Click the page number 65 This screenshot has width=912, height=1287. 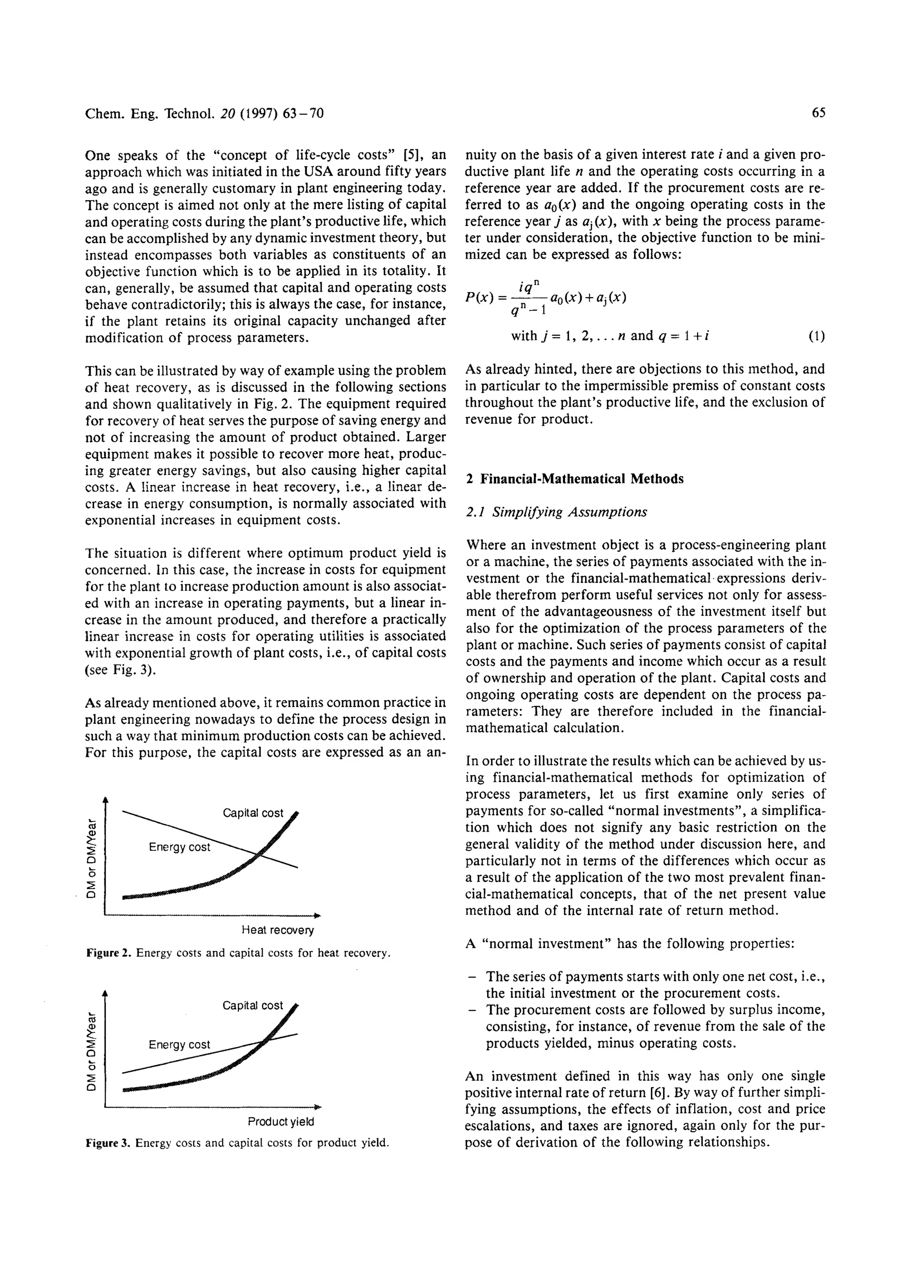(x=818, y=114)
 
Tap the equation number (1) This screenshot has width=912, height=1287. (x=817, y=337)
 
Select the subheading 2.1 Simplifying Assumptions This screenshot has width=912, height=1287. (x=556, y=512)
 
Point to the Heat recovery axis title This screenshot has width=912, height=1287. (x=277, y=930)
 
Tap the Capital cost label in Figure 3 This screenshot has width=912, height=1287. (x=252, y=1005)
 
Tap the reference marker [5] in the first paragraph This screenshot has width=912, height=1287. (x=413, y=155)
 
